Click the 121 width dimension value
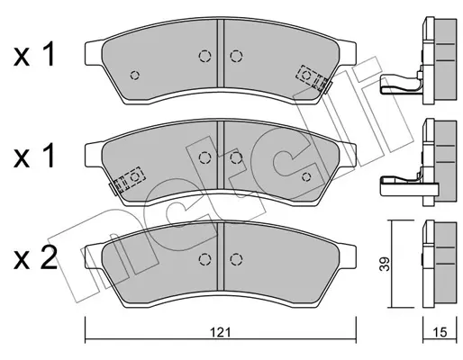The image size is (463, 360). click(x=220, y=332)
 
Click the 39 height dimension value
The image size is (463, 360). click(x=384, y=264)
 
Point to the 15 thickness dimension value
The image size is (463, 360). click(x=440, y=332)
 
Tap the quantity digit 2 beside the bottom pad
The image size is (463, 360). click(x=48, y=258)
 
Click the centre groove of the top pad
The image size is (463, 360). click(x=221, y=53)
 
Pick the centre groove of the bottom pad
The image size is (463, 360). click(x=221, y=256)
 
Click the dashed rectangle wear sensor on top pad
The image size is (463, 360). click(x=312, y=77)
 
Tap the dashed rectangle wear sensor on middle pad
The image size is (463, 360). click(x=130, y=179)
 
